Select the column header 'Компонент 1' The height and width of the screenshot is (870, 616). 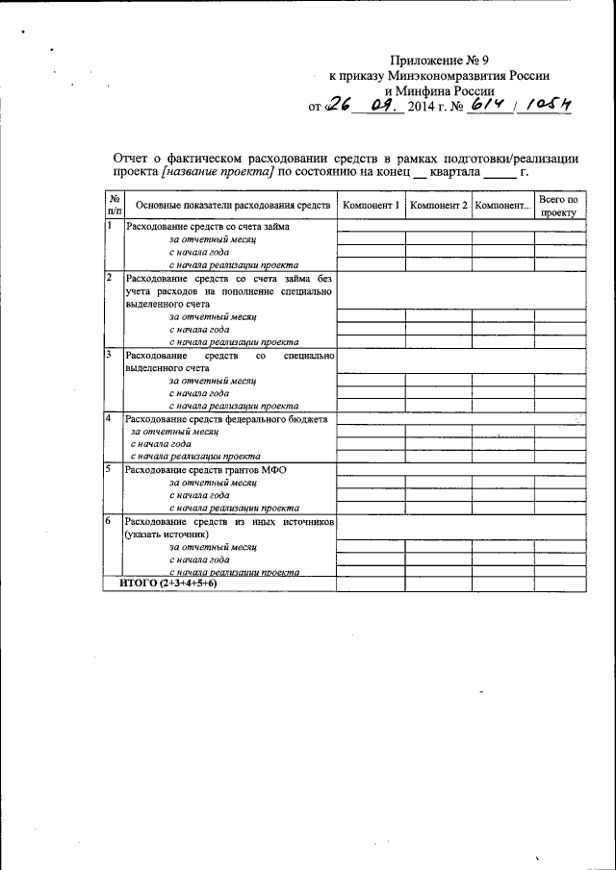(x=370, y=206)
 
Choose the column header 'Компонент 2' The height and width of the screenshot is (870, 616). (x=438, y=206)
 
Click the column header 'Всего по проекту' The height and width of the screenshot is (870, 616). (x=559, y=206)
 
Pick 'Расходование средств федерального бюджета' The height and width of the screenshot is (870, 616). (x=227, y=419)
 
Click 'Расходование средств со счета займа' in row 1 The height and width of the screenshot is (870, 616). (x=208, y=226)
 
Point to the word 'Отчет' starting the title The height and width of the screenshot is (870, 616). (x=133, y=157)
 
